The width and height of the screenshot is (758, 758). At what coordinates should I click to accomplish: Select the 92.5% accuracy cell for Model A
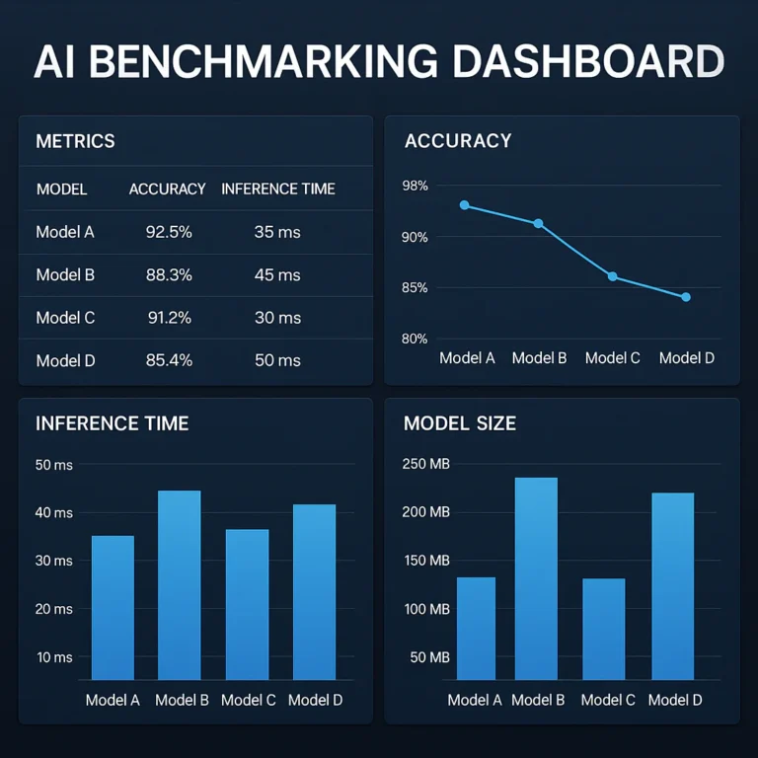click(x=168, y=232)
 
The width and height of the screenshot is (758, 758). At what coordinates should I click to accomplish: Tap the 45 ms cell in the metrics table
click(x=277, y=274)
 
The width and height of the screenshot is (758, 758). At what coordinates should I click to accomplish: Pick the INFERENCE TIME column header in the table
click(x=278, y=189)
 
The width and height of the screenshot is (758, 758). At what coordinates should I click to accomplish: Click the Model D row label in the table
click(x=65, y=360)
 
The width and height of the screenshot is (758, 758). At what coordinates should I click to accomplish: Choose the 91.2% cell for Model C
click(x=168, y=318)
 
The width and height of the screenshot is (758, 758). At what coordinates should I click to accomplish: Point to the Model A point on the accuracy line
click(x=464, y=205)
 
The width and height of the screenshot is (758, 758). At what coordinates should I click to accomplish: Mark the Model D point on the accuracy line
click(x=686, y=297)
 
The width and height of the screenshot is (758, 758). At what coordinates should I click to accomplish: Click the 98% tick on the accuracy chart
click(x=416, y=186)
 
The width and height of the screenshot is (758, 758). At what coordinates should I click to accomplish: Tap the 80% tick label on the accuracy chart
click(x=416, y=339)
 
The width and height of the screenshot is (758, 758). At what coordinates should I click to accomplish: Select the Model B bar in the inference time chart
click(x=179, y=584)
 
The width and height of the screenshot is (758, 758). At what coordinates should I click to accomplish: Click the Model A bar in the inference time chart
click(x=113, y=607)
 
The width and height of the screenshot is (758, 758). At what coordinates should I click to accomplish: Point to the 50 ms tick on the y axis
click(x=54, y=465)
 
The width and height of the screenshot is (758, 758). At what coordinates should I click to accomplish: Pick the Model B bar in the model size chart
click(x=536, y=578)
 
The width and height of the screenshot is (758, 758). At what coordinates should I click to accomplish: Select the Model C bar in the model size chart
click(x=603, y=629)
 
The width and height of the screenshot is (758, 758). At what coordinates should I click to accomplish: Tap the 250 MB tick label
click(x=426, y=464)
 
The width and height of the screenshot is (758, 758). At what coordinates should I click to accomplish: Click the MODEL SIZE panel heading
click(x=460, y=423)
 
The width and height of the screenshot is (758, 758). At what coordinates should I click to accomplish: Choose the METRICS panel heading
click(x=75, y=141)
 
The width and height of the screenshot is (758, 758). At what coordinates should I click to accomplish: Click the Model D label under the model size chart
click(x=675, y=700)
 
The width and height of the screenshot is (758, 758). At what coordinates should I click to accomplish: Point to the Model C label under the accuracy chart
click(x=613, y=357)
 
